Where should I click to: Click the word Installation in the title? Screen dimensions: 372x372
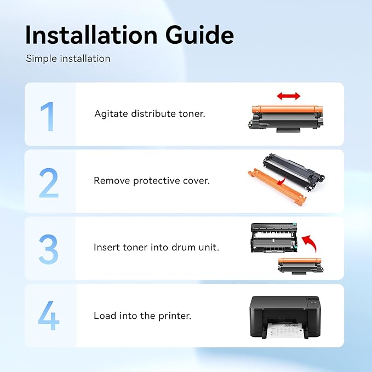pyautogui.click(x=91, y=35)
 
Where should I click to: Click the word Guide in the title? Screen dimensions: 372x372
pyautogui.click(x=199, y=35)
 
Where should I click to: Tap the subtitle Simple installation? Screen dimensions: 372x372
pyautogui.click(x=68, y=59)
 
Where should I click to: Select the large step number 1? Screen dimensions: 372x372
pyautogui.click(x=48, y=116)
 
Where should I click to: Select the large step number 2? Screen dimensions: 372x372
pyautogui.click(x=49, y=182)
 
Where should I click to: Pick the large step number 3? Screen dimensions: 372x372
pyautogui.click(x=48, y=249)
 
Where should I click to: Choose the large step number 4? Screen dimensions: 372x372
pyautogui.click(x=49, y=316)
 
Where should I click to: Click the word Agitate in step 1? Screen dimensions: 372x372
pyautogui.click(x=111, y=114)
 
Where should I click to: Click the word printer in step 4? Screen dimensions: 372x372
pyautogui.click(x=175, y=316)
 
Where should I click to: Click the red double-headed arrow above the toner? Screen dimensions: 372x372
pyautogui.click(x=289, y=96)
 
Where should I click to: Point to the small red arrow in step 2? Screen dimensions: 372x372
pyautogui.click(x=282, y=182)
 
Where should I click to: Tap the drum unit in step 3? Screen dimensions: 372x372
pyautogui.click(x=274, y=238)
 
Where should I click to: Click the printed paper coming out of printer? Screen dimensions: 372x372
pyautogui.click(x=283, y=330)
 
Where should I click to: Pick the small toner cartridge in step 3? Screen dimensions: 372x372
pyautogui.click(x=301, y=266)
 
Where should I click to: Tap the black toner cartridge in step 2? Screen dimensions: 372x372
pyautogui.click(x=294, y=171)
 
